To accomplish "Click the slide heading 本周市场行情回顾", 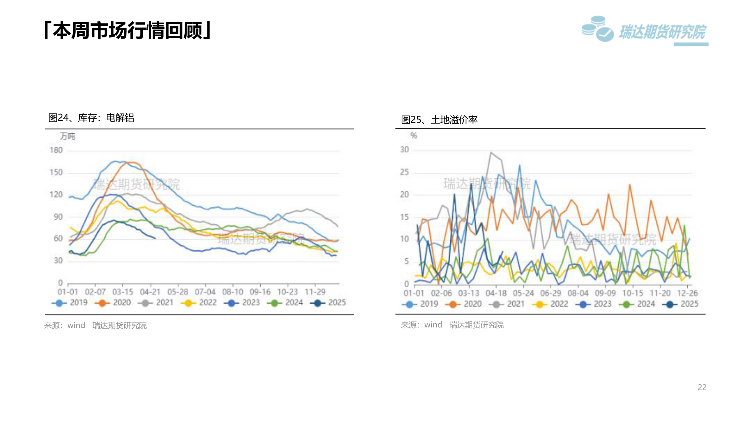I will [x=128, y=30].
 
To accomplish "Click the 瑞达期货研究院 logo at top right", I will [x=644, y=30].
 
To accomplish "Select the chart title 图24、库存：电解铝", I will [x=91, y=118].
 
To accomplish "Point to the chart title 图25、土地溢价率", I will [x=439, y=120].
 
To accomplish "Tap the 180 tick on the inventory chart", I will [x=56, y=150].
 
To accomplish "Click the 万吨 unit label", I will [x=67, y=136].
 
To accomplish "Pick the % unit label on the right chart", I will [x=414, y=136].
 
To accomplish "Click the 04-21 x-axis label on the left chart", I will [x=150, y=292].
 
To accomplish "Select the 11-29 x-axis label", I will [x=315, y=292].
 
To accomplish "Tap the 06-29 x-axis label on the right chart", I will [x=550, y=293].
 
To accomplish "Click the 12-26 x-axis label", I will [x=687, y=293].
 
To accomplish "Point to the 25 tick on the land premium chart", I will [x=404, y=172].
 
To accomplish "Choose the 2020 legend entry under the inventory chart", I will [x=113, y=302].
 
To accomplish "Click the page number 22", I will [x=702, y=387].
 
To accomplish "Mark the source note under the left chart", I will [x=95, y=325].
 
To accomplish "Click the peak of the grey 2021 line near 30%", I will [x=491, y=153].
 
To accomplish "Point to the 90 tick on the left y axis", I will [x=58, y=217].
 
